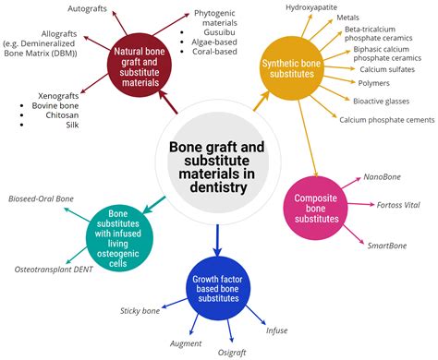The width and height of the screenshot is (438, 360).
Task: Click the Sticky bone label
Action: tap(142, 311)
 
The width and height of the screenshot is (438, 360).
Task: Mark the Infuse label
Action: tap(278, 330)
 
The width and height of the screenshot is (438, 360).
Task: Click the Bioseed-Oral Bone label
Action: tap(42, 198)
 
